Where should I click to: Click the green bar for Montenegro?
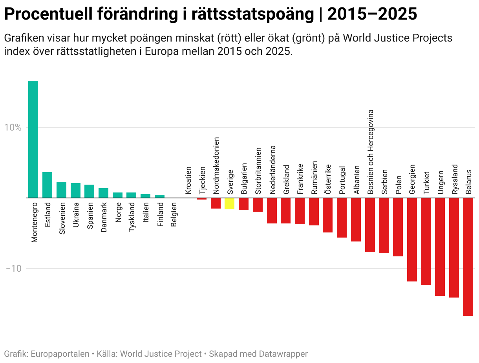point(33,139)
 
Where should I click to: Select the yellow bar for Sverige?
point(230,203)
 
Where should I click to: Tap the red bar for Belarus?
point(468,257)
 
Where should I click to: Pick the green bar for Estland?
point(47,185)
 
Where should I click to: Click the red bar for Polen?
point(398,227)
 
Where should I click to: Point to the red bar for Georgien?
point(412,240)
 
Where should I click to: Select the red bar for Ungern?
point(440,247)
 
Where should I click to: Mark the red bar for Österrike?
point(327,215)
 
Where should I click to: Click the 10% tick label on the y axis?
point(13,127)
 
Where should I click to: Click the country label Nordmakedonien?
point(216,166)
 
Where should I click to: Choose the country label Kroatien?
point(188,180)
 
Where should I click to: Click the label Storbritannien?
point(258,171)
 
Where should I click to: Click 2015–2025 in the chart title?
point(372,15)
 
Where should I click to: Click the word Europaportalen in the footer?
point(60,354)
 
